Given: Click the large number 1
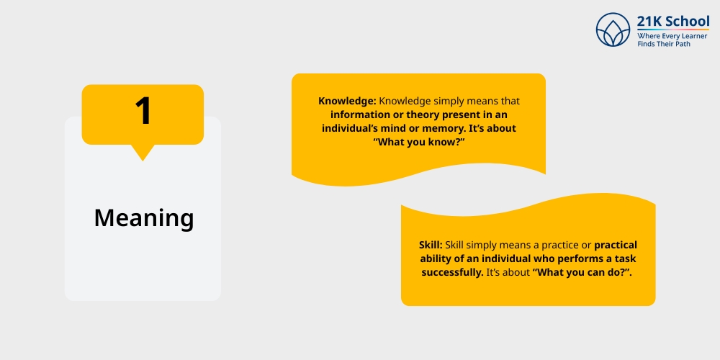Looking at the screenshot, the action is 143,111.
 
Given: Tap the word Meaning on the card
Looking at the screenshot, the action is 144,218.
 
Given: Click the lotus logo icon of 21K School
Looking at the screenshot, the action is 613,30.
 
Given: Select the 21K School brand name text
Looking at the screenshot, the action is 672,21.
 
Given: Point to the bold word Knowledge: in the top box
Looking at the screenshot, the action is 348,101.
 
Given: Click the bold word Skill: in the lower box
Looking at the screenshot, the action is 431,246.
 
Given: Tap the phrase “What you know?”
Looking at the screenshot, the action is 419,143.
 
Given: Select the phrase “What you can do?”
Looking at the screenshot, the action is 581,273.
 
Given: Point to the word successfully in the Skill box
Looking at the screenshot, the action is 452,273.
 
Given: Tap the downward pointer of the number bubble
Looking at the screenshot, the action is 143,153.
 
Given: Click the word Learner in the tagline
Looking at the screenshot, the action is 692,36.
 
